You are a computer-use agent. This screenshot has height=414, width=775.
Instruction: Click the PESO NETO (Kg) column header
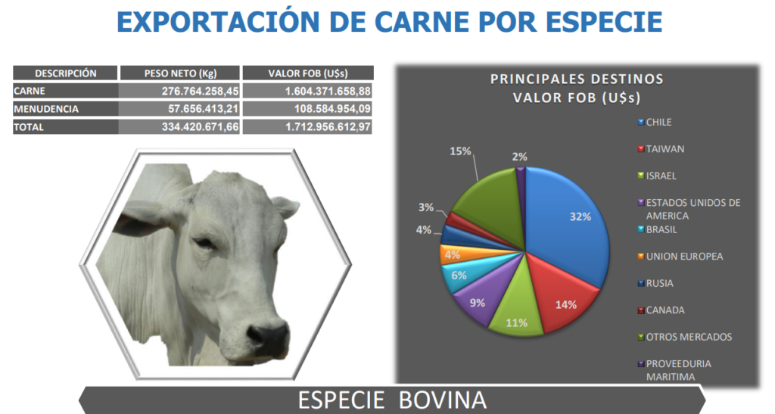pos(180,73)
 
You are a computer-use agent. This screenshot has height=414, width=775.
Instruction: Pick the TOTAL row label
pos(29,127)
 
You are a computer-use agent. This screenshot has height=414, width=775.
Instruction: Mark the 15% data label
pos(460,151)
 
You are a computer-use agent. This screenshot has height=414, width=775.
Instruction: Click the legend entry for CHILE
pos(655,122)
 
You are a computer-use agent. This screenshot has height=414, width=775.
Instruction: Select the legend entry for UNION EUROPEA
pos(680,257)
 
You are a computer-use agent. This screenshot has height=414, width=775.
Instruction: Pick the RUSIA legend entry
pos(655,283)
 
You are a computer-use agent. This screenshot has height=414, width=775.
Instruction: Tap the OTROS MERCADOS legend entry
pos(684,337)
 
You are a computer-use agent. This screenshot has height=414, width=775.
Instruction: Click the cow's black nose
pos(267,338)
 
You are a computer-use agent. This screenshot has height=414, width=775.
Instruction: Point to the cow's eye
pos(205,243)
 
